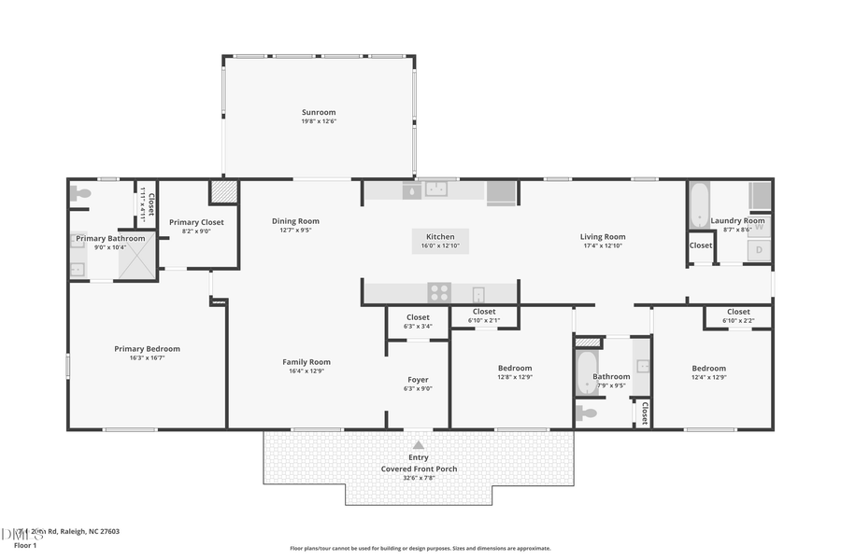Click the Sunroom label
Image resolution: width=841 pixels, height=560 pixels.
pyautogui.click(x=318, y=112)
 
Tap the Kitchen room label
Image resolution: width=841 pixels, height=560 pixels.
pyautogui.click(x=440, y=237)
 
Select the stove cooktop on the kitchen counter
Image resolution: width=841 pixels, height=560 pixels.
pyautogui.click(x=439, y=293)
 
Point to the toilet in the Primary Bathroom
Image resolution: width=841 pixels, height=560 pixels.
pyautogui.click(x=81, y=194)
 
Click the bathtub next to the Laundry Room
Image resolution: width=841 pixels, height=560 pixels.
pyautogui.click(x=697, y=205)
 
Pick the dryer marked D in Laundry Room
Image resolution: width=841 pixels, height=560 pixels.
pyautogui.click(x=759, y=250)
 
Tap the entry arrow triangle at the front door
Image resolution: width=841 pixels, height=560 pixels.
pyautogui.click(x=418, y=445)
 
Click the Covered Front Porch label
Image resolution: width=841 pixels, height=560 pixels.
pyautogui.click(x=419, y=469)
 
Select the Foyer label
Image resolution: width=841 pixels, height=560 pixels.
pyautogui.click(x=418, y=380)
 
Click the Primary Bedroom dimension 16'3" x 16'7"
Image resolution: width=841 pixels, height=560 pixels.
pyautogui.click(x=147, y=357)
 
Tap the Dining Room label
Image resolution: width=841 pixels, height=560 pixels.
pyautogui.click(x=295, y=221)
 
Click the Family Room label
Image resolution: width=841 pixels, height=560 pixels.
pyautogui.click(x=306, y=362)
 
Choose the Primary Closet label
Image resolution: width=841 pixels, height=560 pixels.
pyautogui.click(x=196, y=222)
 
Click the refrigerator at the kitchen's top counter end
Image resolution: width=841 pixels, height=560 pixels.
pyautogui.click(x=501, y=191)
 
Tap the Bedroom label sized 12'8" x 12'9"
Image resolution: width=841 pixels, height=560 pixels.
pyautogui.click(x=514, y=368)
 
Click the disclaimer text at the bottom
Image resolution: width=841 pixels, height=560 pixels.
pyautogui.click(x=420, y=549)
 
